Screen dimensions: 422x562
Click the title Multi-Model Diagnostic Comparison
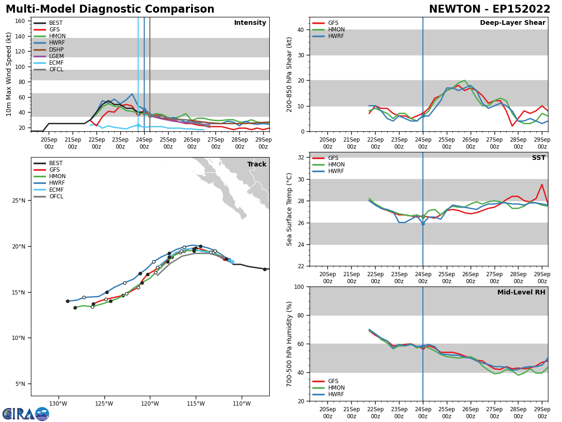point(110,9)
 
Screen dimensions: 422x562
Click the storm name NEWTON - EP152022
point(489,9)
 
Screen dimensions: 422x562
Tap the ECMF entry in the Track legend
point(56,190)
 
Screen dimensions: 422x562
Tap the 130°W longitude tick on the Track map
point(58,403)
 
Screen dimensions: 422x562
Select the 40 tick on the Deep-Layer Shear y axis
point(301,30)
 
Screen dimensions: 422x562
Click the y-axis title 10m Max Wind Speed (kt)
point(9,74)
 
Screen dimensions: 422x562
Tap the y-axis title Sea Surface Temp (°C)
point(289,209)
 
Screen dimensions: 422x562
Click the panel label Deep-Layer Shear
point(512,23)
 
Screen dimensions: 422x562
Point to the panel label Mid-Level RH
point(521,293)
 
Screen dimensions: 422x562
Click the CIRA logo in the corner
point(26,414)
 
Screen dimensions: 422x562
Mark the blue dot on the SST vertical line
point(423,224)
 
